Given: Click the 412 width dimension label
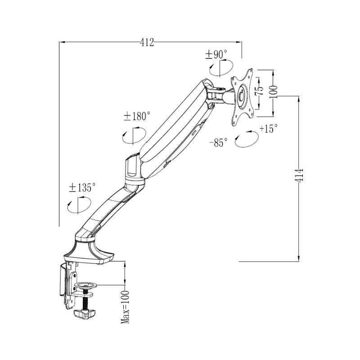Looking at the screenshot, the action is click(x=147, y=42).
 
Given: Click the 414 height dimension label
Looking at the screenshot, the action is click(x=299, y=175).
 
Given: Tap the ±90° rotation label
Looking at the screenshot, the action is click(x=216, y=54).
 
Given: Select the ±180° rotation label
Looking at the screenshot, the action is click(x=137, y=116).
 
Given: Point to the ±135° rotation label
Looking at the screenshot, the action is click(x=82, y=187).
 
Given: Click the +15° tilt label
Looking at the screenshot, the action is click(x=269, y=128).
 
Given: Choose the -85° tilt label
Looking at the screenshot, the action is click(x=218, y=143).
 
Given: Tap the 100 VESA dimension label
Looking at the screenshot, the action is click(x=273, y=91).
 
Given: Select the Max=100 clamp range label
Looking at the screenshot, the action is click(x=125, y=307).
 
